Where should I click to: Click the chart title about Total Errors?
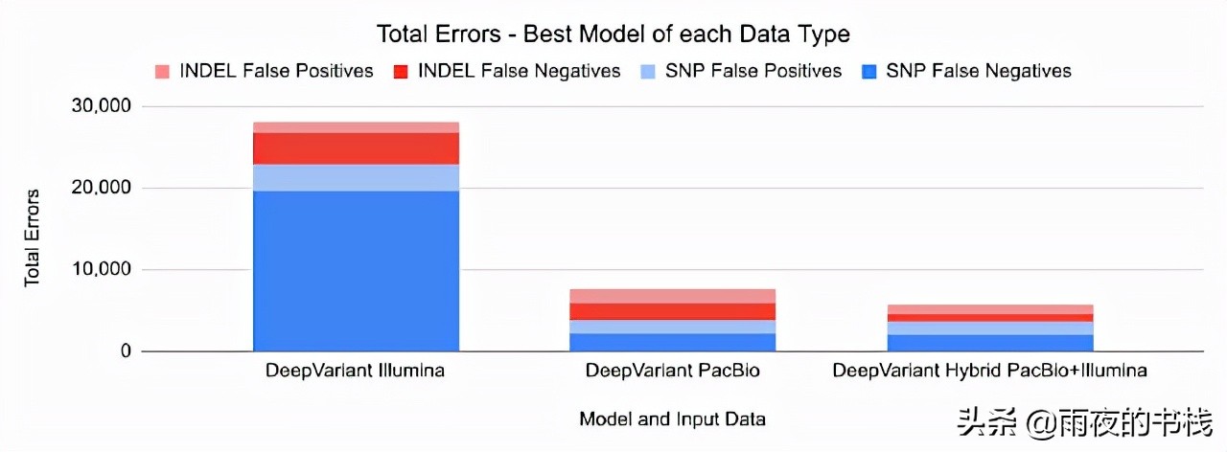tap(613, 35)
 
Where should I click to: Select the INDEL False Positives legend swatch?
tap(161, 72)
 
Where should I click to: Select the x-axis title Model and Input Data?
tap(672, 419)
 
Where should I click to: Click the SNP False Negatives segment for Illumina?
tap(356, 271)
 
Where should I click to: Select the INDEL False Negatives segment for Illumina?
tap(356, 148)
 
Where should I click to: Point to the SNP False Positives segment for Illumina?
tap(356, 177)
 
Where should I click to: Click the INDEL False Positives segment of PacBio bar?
tap(672, 296)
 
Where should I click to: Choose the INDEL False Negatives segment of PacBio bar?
tap(672, 311)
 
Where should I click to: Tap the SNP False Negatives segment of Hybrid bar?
tap(989, 343)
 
